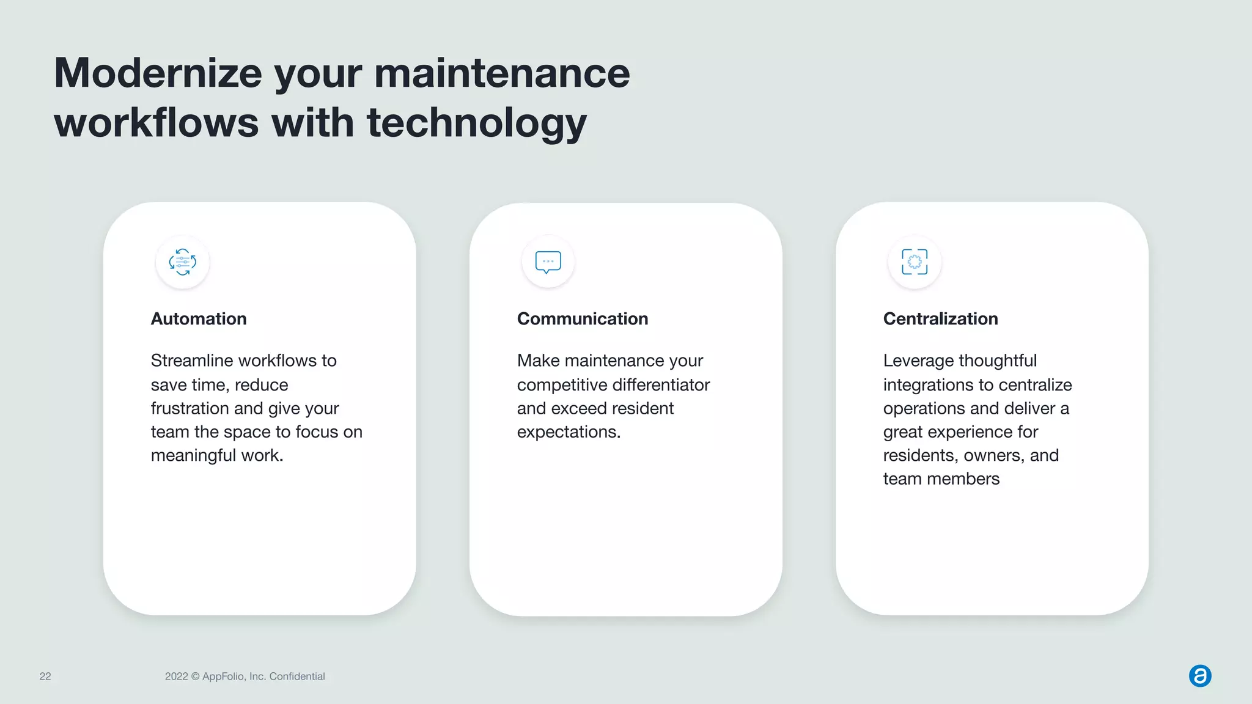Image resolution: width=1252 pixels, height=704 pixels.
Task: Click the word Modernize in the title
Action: click(x=158, y=73)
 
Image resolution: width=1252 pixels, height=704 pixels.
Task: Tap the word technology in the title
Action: click(x=476, y=123)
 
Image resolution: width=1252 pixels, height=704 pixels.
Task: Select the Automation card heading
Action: click(x=199, y=319)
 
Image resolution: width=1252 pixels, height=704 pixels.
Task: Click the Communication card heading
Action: click(x=582, y=319)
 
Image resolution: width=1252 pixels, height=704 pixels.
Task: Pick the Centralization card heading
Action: click(x=940, y=319)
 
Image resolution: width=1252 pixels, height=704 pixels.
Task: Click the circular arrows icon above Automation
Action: click(x=183, y=262)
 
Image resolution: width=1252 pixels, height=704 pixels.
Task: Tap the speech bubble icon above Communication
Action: click(x=548, y=262)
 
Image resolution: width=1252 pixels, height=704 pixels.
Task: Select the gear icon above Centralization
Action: click(x=915, y=262)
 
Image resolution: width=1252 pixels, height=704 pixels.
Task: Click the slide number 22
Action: click(x=45, y=676)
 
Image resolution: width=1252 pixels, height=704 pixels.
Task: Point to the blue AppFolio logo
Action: click(x=1200, y=676)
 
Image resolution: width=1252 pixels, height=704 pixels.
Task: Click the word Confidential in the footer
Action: click(x=297, y=676)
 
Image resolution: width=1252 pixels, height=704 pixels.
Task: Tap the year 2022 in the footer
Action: click(x=176, y=676)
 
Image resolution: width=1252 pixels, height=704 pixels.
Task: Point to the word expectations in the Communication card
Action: click(x=569, y=432)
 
